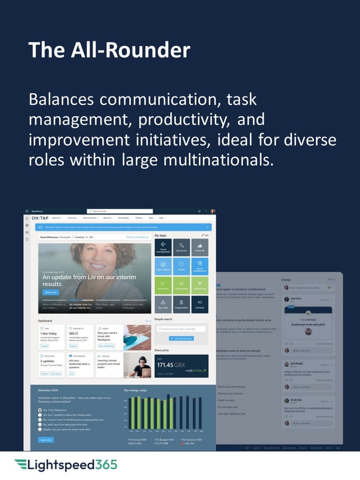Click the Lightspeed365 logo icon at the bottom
coord(20,465)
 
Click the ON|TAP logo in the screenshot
coord(40,218)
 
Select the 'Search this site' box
coord(115,211)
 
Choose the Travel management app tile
coord(163,246)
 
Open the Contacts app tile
coord(199,304)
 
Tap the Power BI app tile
coord(199,246)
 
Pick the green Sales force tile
coord(163,285)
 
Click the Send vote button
coord(46,439)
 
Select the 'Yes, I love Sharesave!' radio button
coord(39,410)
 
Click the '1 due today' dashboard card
coord(52,337)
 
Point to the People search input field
coord(181,328)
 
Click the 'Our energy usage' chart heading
coord(135,390)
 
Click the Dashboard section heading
coord(45,321)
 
